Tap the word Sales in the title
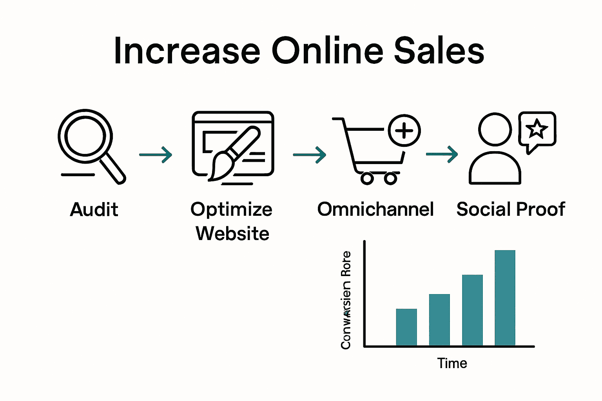point(439,51)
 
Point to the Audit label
point(94,210)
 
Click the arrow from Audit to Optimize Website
point(156,155)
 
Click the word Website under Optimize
point(232,234)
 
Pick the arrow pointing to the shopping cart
point(309,155)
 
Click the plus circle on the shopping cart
point(404,130)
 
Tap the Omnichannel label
point(375,210)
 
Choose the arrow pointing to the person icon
point(442,154)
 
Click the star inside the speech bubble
point(536,129)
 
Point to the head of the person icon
point(495,129)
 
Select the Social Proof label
point(511,210)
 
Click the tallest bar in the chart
point(505,298)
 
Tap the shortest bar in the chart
point(406,327)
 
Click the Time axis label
point(452,363)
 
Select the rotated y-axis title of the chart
point(346,300)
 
